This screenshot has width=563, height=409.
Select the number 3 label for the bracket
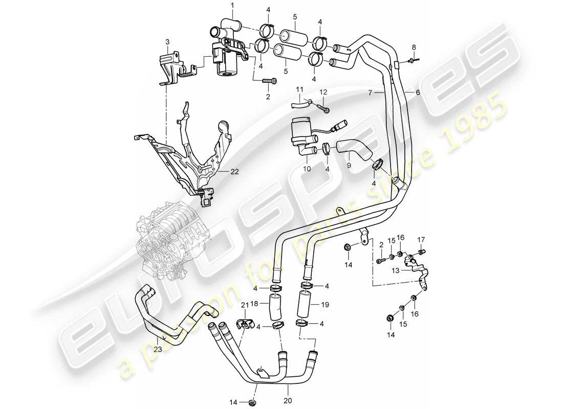pos(167,41)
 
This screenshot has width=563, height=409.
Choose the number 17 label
pos(422,239)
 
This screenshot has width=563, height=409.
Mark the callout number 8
pos(414,47)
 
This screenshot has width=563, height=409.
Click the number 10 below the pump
pos(308,168)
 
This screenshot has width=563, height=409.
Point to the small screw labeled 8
pos(414,61)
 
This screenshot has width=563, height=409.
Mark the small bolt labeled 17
pos(422,252)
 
